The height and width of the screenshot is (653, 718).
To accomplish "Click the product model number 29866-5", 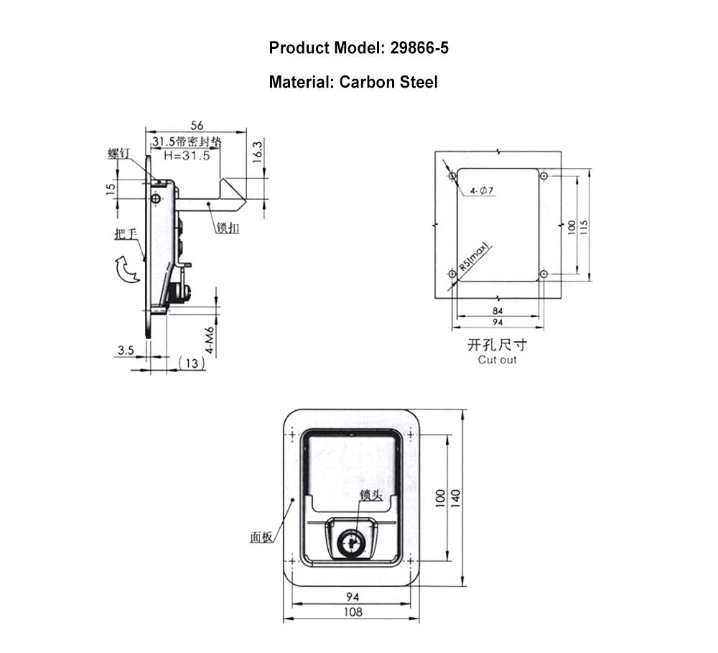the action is click(x=419, y=47).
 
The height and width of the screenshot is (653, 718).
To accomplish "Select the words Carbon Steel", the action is click(x=388, y=82).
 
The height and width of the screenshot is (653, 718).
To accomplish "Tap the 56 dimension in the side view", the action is click(x=197, y=125).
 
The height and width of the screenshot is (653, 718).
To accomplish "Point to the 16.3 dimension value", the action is click(x=258, y=152).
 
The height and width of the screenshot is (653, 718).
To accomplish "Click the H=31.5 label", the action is click(x=187, y=156).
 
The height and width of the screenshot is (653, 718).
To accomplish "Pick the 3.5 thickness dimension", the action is click(x=126, y=351).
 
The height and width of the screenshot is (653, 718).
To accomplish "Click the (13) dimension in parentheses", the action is click(x=192, y=363).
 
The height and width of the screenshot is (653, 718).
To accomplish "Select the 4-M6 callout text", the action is click(x=209, y=340).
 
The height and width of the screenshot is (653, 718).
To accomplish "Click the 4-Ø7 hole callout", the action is click(x=481, y=190).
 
